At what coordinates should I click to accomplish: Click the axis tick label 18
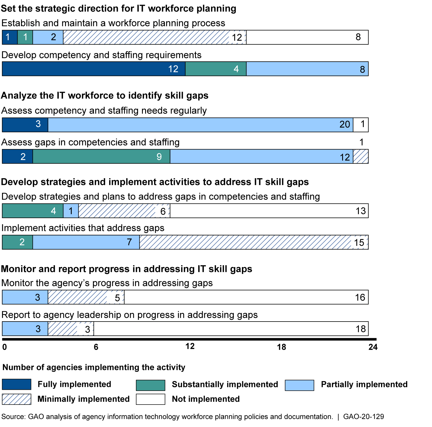click(x=281, y=347)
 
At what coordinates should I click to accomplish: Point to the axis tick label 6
click(x=96, y=347)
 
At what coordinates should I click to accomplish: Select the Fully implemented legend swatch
click(x=16, y=384)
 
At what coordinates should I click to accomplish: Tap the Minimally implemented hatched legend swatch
click(x=16, y=399)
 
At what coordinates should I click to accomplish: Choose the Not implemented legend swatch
click(x=151, y=399)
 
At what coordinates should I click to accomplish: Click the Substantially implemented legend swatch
click(x=151, y=385)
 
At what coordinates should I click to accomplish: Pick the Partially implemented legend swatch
click(x=300, y=385)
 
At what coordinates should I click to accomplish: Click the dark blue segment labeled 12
click(x=94, y=69)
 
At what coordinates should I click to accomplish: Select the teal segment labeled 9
click(x=101, y=156)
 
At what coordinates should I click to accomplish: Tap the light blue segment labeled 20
click(x=200, y=125)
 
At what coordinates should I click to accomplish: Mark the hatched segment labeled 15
click(x=254, y=242)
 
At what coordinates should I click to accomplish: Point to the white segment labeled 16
click(x=246, y=297)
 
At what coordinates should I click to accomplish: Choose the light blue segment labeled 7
click(x=86, y=242)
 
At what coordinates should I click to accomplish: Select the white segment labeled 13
click(x=269, y=211)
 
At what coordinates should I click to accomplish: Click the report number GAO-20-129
click(x=363, y=417)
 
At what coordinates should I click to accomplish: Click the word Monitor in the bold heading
click(x=18, y=269)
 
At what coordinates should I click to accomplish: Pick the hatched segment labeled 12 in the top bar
click(x=155, y=37)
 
